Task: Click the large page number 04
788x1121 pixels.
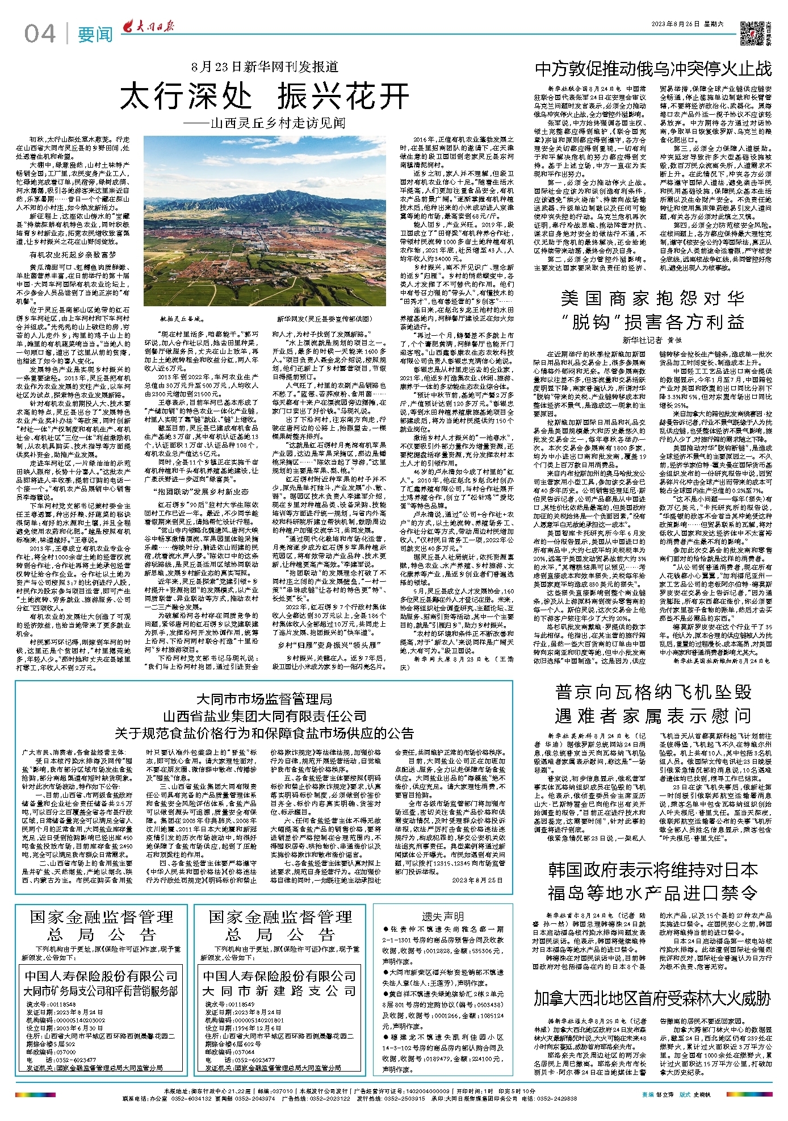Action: [40, 34]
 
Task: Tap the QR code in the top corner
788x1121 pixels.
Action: [752, 33]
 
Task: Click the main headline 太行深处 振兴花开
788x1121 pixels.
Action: [265, 95]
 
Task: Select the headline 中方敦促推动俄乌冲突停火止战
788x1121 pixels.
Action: [653, 69]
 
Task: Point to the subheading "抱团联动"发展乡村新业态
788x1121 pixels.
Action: [203, 491]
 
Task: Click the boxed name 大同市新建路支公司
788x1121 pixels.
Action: [279, 991]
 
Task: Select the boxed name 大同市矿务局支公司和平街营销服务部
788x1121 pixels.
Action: [101, 991]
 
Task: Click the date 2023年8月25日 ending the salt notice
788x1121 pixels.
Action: [477, 880]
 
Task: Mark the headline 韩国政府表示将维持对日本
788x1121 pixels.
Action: [653, 870]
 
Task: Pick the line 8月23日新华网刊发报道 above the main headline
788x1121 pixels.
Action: [265, 67]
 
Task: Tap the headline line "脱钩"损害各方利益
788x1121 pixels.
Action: [653, 323]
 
